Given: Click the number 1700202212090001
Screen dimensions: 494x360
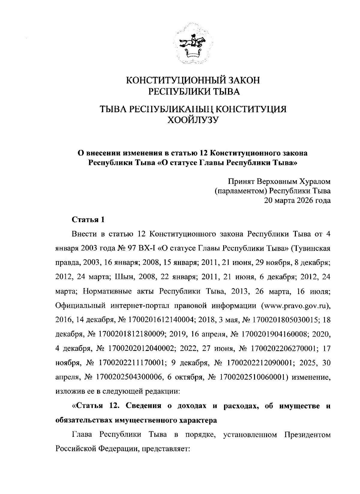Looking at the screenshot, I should coord(260,363).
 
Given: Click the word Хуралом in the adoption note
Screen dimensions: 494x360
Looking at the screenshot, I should coord(315,181).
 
